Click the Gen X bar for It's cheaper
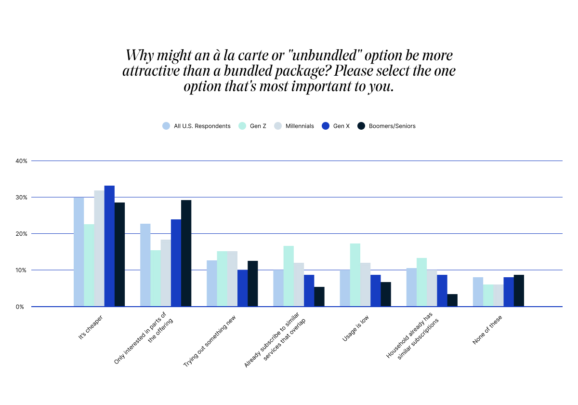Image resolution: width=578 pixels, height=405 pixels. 109,246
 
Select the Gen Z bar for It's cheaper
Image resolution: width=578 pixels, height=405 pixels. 89,265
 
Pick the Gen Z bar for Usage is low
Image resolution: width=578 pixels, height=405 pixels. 355,275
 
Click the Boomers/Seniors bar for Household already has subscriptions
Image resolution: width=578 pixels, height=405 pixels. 452,300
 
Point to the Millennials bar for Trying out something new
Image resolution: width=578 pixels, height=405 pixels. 232,279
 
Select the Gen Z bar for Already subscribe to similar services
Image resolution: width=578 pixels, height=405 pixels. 289,276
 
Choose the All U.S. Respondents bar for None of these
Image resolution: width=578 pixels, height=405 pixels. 477,292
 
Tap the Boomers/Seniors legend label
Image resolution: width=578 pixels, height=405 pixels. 392,126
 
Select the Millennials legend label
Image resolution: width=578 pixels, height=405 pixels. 300,126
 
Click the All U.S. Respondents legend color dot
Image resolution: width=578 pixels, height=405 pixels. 166,126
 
